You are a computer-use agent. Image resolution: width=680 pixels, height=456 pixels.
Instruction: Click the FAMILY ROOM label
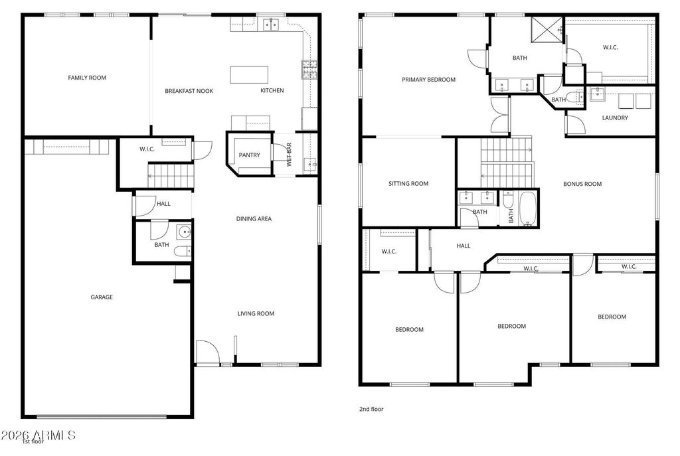click(x=87, y=78)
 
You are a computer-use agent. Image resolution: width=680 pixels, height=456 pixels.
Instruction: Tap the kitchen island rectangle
click(x=249, y=74)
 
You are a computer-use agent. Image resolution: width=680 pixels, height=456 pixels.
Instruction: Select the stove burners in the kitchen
click(x=309, y=69)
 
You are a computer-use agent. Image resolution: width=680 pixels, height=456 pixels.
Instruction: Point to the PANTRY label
click(x=250, y=155)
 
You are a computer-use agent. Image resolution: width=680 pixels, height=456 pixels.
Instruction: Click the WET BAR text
click(x=290, y=155)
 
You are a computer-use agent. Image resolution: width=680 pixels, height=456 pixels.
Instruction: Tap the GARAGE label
click(x=102, y=297)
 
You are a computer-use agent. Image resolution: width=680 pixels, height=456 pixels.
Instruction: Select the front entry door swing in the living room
click(x=207, y=352)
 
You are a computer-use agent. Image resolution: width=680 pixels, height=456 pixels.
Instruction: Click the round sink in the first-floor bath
click(x=185, y=232)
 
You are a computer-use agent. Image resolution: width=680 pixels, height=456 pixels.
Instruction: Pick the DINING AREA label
click(x=254, y=219)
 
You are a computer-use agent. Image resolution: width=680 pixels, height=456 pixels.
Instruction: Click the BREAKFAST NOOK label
click(x=189, y=91)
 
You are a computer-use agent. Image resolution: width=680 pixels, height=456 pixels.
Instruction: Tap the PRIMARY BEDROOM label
click(x=428, y=80)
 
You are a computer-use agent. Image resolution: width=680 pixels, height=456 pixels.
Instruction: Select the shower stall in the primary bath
click(x=547, y=29)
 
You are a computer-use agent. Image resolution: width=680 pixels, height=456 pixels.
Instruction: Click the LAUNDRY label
click(x=615, y=118)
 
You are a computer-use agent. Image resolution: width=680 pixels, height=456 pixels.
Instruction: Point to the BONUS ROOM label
click(x=582, y=184)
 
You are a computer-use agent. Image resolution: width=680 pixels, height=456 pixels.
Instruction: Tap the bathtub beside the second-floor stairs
click(x=528, y=209)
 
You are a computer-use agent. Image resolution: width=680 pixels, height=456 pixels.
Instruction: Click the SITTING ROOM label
click(x=408, y=184)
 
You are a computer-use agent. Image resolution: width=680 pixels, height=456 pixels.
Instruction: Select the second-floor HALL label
click(x=463, y=246)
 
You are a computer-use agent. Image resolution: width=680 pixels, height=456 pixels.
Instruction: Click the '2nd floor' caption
click(x=371, y=409)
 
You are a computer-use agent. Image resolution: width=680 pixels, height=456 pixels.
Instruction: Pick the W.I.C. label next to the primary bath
click(x=610, y=48)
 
